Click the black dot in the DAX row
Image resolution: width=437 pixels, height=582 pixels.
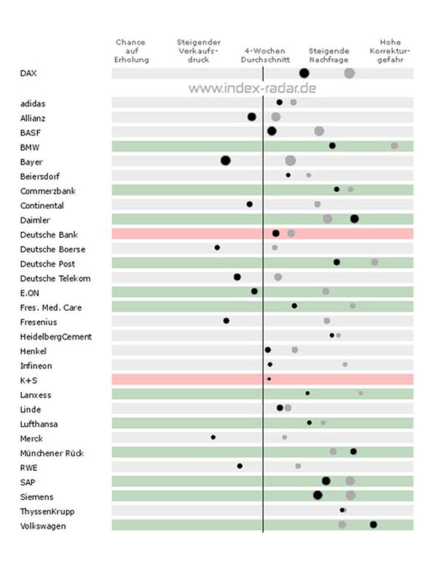click(x=304, y=73)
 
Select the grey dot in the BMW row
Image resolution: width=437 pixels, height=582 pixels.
click(x=394, y=146)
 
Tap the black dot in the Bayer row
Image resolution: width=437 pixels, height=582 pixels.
click(x=225, y=160)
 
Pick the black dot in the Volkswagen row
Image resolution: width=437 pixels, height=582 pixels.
click(x=373, y=524)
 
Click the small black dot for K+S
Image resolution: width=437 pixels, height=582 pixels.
click(x=269, y=379)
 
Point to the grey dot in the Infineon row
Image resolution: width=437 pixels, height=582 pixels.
click(x=345, y=364)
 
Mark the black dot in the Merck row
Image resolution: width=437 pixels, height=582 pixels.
click(x=213, y=437)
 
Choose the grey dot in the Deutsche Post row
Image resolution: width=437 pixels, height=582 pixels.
click(x=374, y=262)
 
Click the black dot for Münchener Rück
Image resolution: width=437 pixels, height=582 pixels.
click(x=353, y=451)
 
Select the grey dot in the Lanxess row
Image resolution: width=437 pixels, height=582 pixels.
click(x=360, y=393)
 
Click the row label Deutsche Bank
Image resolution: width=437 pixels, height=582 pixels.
click(x=49, y=234)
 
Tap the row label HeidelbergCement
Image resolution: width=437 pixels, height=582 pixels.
click(x=56, y=337)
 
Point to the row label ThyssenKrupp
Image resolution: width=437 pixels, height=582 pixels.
click(x=47, y=511)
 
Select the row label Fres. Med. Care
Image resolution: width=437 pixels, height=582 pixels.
click(x=51, y=308)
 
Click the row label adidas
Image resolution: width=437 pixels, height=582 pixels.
click(x=33, y=103)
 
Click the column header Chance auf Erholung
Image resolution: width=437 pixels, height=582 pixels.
click(x=131, y=51)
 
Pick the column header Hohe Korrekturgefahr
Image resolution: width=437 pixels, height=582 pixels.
click(x=390, y=51)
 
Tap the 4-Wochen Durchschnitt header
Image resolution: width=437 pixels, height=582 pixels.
click(x=265, y=55)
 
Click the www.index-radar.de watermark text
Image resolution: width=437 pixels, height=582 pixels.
click(x=252, y=88)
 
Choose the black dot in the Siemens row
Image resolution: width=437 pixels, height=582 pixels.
click(x=317, y=495)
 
